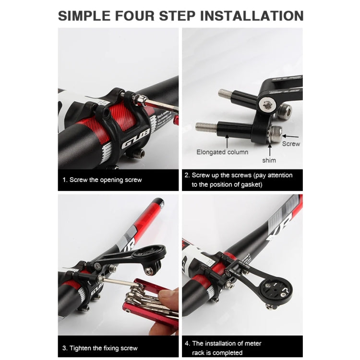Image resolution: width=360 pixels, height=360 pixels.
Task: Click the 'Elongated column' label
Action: pyautogui.click(x=222, y=152)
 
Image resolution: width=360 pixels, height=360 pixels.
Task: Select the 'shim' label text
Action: pyautogui.click(x=269, y=160)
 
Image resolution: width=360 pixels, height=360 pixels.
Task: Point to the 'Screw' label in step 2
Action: pyautogui.click(x=291, y=144)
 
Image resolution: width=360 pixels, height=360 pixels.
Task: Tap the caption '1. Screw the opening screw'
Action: pyautogui.click(x=102, y=180)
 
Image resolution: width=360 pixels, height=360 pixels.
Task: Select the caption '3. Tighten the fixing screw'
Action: pyautogui.click(x=100, y=348)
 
